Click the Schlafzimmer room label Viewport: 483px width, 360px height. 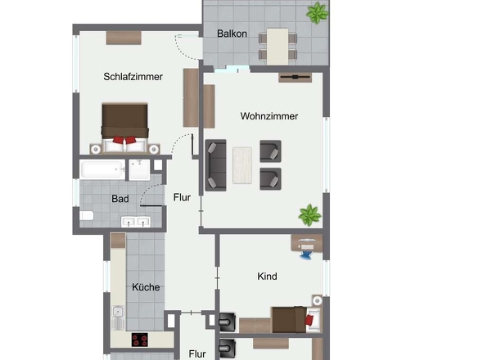tap(133, 77)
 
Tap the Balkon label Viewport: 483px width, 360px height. tap(232, 34)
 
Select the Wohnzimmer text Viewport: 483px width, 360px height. tap(269, 116)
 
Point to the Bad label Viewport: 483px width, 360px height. tap(120, 199)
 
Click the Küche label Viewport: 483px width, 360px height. tap(146, 287)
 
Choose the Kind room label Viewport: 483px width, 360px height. tap(267, 277)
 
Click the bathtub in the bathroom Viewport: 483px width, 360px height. tap(102, 169)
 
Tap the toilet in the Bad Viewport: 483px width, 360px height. tap(87, 215)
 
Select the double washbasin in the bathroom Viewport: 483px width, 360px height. tap(136, 222)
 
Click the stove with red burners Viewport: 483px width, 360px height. tap(139, 340)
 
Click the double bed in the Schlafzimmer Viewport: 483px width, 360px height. tap(124, 128)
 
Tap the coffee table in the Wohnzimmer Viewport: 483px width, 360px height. tap(242, 165)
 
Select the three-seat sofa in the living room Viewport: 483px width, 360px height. tap(215, 165)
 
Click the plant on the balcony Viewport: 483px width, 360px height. tap(318, 12)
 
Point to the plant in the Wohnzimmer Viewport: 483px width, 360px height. tap(309, 215)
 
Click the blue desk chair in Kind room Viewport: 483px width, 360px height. tap(306, 254)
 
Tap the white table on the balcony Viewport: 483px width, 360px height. tap(278, 47)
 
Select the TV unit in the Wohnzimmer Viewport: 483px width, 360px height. tap(295, 77)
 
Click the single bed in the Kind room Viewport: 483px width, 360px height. tap(296, 320)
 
